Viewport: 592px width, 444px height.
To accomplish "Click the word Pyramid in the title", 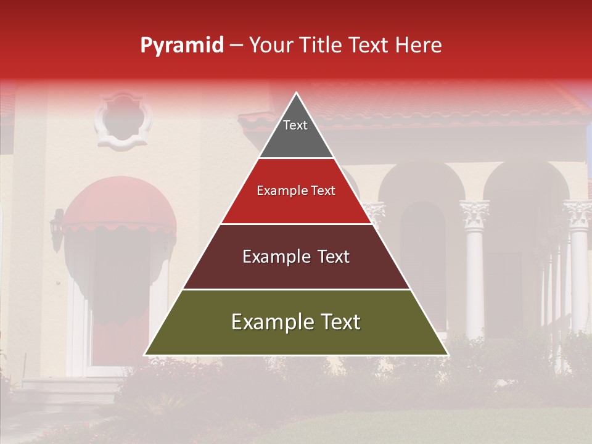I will pyautogui.click(x=181, y=46).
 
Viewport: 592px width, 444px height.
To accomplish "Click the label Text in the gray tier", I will pyautogui.click(x=295, y=125).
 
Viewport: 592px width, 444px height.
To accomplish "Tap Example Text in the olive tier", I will pyautogui.click(x=296, y=322).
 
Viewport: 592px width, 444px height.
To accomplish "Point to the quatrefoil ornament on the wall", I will pyautogui.click(x=123, y=120).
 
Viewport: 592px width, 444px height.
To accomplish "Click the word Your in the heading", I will pyautogui.click(x=272, y=46).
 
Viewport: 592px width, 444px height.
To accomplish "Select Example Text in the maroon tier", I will pyautogui.click(x=296, y=257).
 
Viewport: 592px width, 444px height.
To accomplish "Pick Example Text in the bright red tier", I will pyautogui.click(x=296, y=191).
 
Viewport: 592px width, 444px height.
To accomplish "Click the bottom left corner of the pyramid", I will pyautogui.click(x=145, y=355).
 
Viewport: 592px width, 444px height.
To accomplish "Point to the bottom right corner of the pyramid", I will pyautogui.click(x=448, y=355).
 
